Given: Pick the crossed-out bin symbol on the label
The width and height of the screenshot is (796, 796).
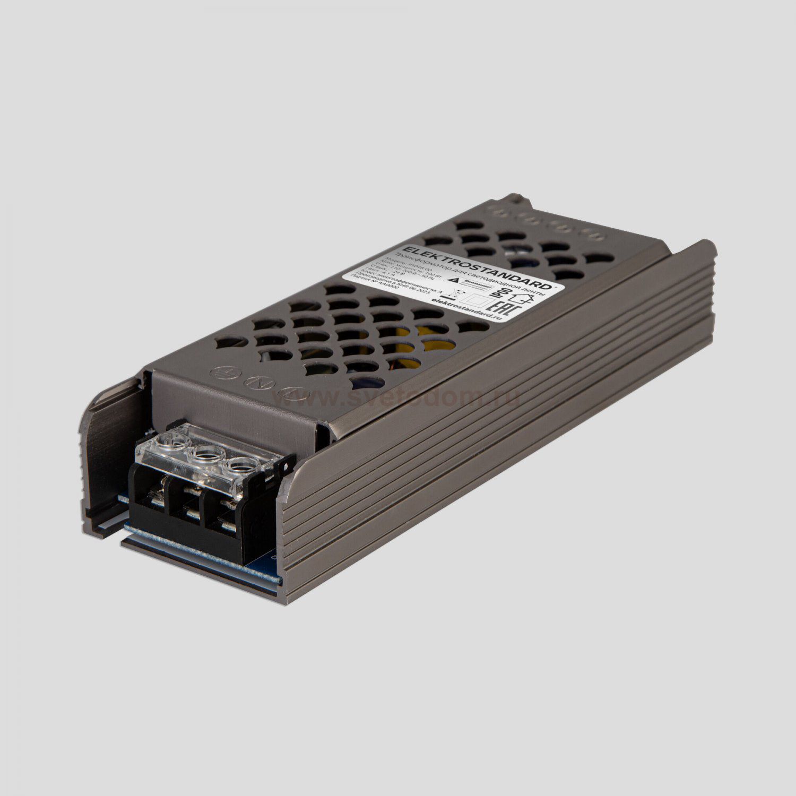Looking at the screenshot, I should coord(449,291).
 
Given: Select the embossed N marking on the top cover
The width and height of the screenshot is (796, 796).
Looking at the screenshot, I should coord(256,383).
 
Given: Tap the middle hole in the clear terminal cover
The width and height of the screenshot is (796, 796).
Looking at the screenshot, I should coord(204,455).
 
